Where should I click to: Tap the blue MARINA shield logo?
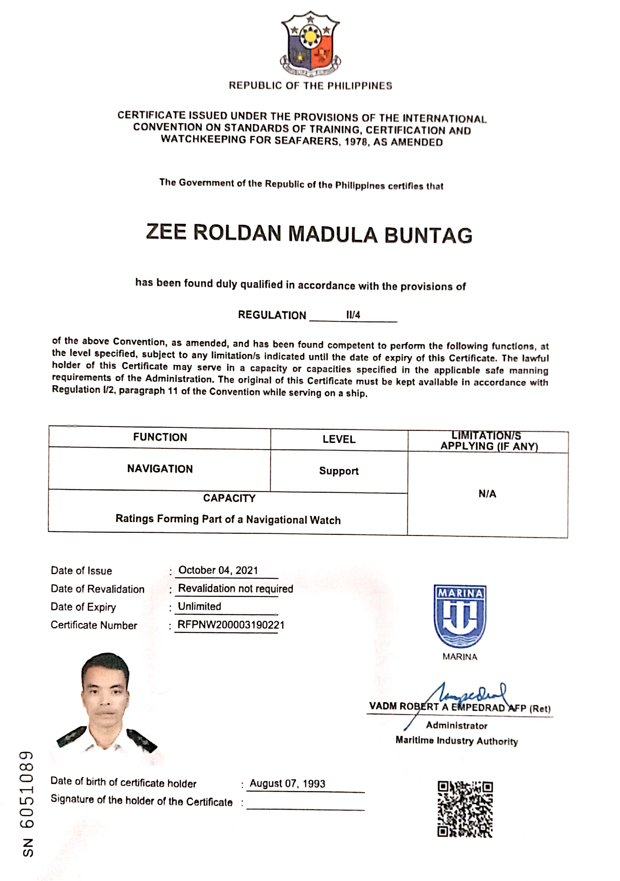coord(460,616)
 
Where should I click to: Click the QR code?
coord(465,809)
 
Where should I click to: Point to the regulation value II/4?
coord(353,315)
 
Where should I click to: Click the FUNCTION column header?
coord(160,438)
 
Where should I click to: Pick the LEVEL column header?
coord(339,439)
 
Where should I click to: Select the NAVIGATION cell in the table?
coord(160,469)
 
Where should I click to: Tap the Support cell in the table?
coord(339,471)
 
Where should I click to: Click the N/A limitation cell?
coord(487,494)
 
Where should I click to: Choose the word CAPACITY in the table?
coord(229,498)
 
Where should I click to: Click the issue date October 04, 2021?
coord(218,570)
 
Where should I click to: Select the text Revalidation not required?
coord(235,589)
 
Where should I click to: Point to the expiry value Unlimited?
coord(200,607)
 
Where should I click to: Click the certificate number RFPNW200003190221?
coord(231,625)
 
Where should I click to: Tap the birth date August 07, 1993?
coord(287,784)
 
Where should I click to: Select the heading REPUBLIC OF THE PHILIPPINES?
coord(310,86)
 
